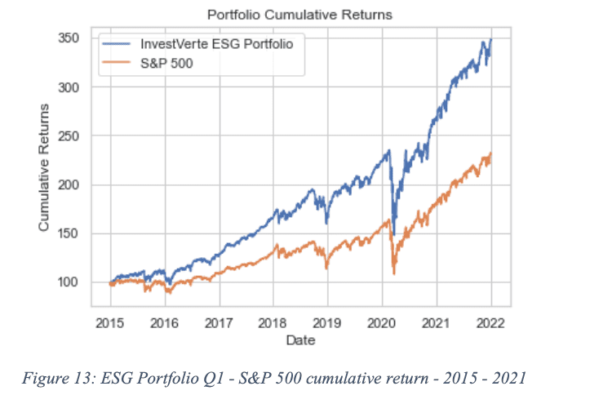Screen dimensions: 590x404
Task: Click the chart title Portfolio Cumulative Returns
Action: coord(299,15)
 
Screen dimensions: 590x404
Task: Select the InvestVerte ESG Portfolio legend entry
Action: coord(197,44)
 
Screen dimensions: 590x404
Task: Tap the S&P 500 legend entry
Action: coord(148,63)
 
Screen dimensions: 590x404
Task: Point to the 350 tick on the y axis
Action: coord(69,38)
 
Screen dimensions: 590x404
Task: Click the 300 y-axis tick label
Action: coord(69,87)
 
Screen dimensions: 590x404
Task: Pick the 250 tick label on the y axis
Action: coord(69,135)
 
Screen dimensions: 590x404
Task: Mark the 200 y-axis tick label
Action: coord(69,184)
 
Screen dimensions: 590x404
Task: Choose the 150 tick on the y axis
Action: coord(69,233)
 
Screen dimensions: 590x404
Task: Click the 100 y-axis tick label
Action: coord(69,282)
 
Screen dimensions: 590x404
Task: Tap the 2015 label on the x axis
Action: coord(110,323)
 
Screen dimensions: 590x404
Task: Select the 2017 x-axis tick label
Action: coord(219,323)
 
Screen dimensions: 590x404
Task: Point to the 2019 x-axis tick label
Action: coord(327,323)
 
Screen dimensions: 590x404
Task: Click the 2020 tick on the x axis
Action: coord(382,323)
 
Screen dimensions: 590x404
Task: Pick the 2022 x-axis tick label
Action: coord(490,323)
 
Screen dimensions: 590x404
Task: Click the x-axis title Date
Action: coord(300,340)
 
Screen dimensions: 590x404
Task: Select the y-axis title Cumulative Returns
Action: coord(44,167)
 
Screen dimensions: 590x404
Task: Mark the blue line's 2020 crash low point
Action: coord(394,235)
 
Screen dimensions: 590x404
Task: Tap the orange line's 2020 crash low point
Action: coord(394,274)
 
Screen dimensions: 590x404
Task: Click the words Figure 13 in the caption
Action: coord(58,378)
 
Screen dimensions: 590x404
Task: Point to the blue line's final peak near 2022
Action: coord(490,39)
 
